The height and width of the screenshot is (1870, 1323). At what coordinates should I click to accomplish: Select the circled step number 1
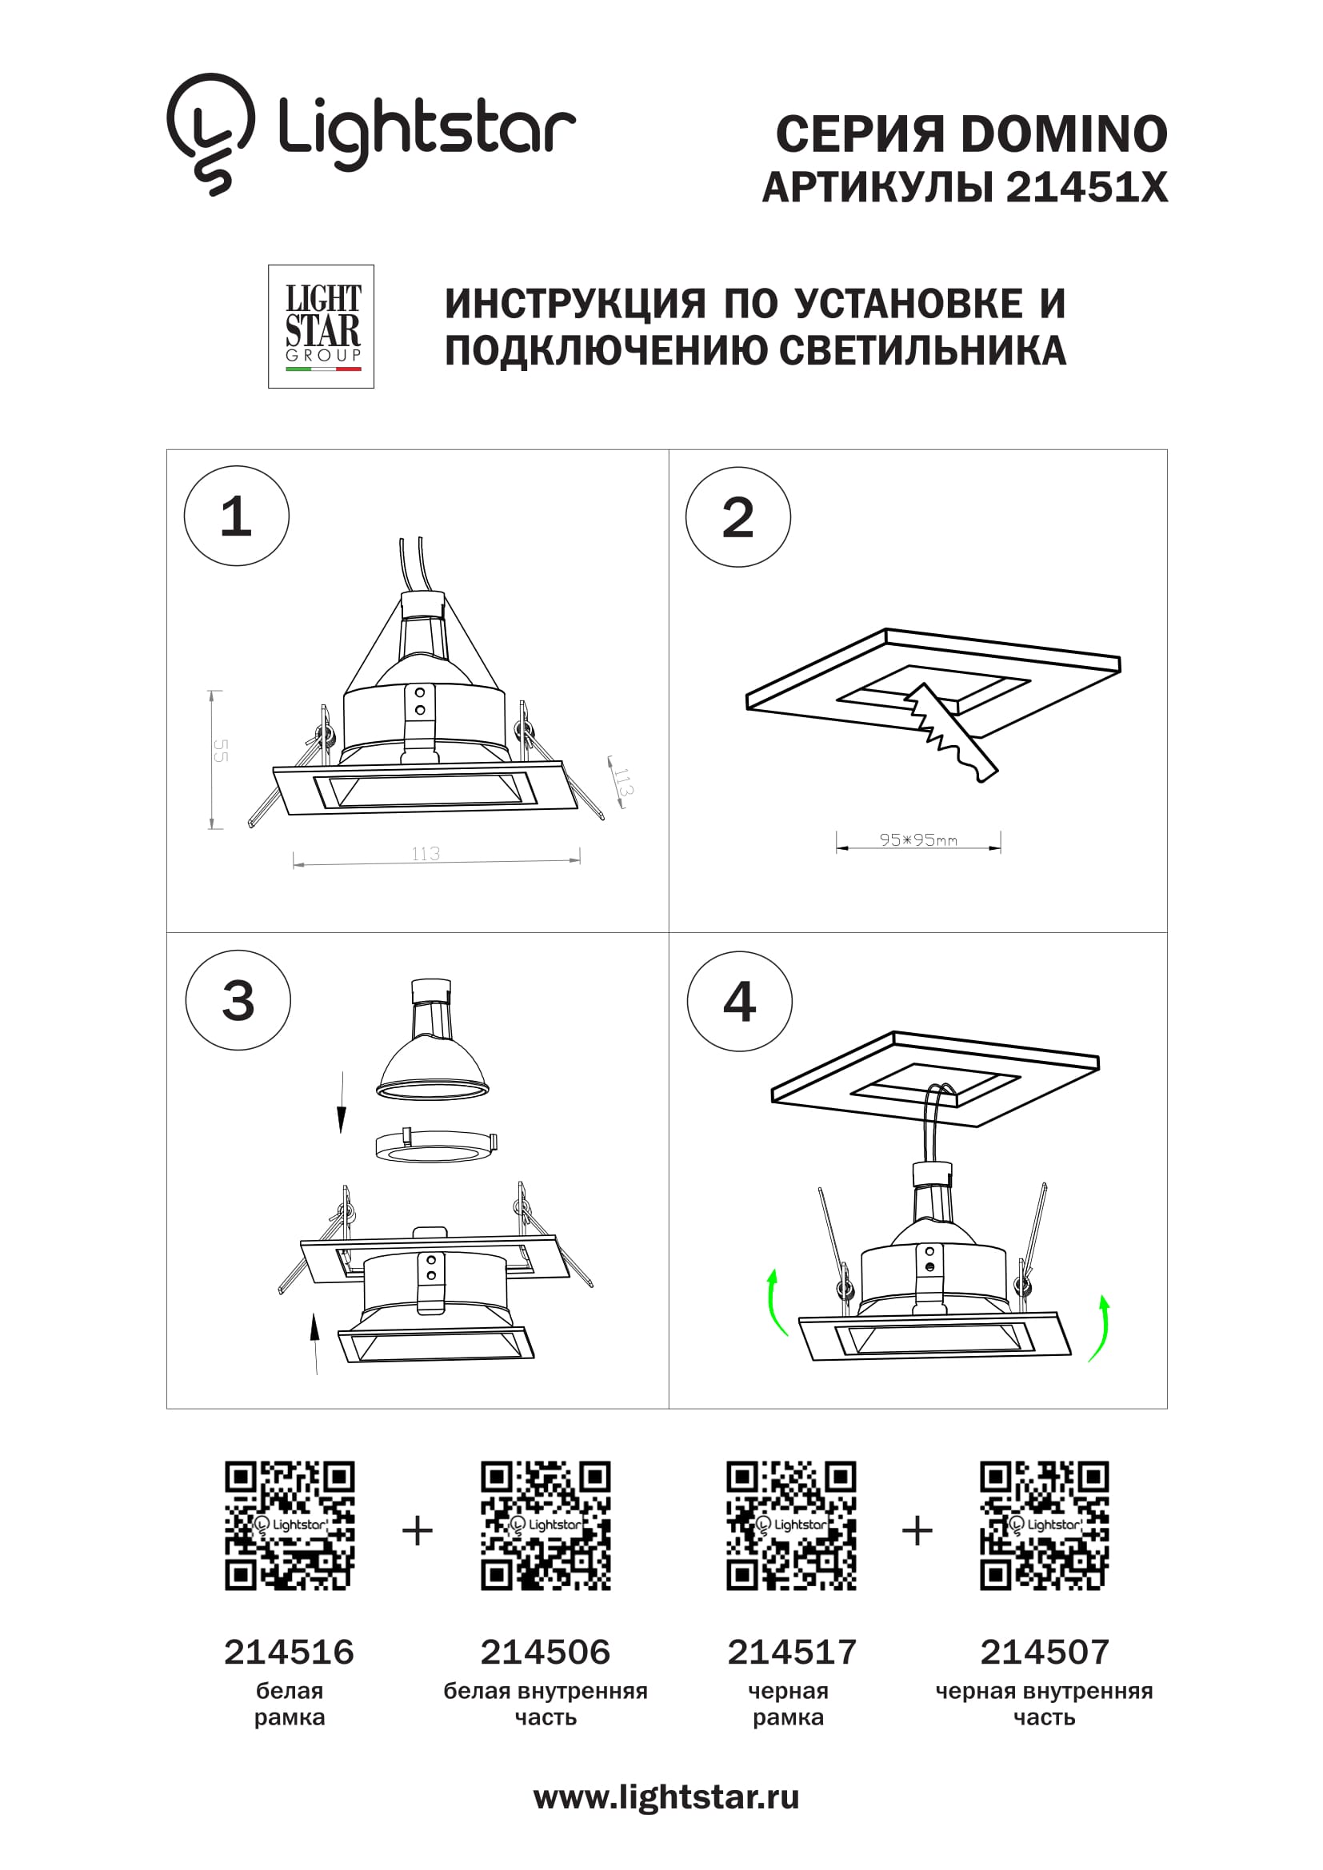(236, 516)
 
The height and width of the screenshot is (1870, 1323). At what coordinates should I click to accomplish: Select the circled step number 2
(738, 517)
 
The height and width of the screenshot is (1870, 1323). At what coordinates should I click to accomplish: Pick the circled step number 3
(238, 1000)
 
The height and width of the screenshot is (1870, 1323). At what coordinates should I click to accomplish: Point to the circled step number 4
(740, 1001)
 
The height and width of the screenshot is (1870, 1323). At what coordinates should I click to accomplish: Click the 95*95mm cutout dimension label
(918, 839)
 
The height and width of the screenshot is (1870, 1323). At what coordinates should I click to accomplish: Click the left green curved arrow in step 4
(777, 1302)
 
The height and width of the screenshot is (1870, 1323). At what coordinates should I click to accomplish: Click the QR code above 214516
(290, 1525)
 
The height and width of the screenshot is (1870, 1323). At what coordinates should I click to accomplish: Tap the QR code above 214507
(1045, 1525)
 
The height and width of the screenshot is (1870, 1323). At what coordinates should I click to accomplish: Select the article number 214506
(545, 1652)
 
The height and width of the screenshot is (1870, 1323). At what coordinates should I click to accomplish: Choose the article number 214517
(791, 1652)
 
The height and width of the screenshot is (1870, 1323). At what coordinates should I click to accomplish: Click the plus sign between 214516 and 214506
(417, 1531)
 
